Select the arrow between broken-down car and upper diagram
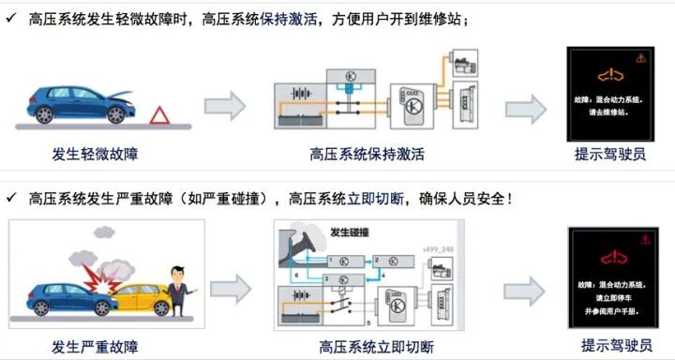coord(224,100)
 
